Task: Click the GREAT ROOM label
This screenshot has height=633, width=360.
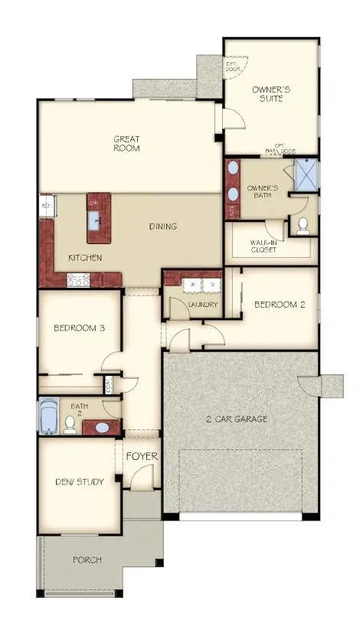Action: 126,144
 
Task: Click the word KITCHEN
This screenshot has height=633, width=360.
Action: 85,258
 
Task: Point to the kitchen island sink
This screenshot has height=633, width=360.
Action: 97,220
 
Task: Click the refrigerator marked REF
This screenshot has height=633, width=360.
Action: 46,207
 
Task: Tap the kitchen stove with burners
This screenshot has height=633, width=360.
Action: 79,281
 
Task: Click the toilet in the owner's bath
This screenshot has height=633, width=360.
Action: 302,224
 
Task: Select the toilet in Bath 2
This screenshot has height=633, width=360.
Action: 70,423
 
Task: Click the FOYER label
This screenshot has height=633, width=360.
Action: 141,457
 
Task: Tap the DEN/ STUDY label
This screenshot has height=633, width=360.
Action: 80,481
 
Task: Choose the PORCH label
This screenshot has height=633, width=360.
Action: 87,560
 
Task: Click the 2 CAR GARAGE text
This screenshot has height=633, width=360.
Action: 236,419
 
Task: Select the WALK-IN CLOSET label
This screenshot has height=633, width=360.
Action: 263,246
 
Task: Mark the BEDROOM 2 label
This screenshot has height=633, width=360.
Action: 280,304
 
